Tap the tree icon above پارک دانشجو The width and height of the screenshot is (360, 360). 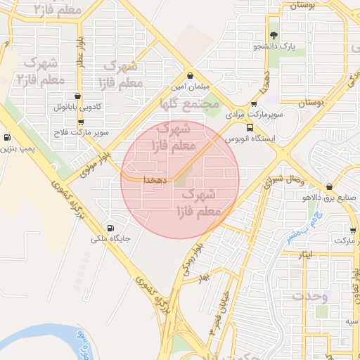[x=274, y=34]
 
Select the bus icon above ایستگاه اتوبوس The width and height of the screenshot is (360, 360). [x=250, y=127]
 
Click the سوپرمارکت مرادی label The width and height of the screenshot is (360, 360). [x=254, y=113]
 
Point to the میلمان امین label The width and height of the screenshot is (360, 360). [x=189, y=87]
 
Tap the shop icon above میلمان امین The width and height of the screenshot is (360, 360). [x=190, y=76]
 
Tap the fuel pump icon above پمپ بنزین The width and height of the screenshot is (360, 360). [x=7, y=138]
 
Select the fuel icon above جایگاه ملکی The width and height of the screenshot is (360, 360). [x=110, y=228]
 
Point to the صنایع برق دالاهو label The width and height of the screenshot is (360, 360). [x=330, y=198]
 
